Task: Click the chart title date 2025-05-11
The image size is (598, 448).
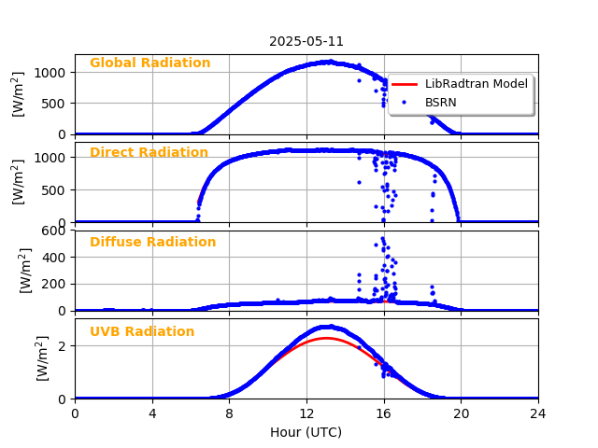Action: click(306, 42)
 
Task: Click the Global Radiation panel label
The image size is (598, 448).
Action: click(149, 63)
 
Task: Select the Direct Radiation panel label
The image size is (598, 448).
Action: click(149, 153)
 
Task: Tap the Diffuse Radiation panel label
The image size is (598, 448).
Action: click(152, 243)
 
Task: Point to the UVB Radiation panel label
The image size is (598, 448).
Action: click(142, 332)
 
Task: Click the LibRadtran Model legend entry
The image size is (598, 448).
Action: click(476, 84)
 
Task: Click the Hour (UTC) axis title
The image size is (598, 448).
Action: click(306, 432)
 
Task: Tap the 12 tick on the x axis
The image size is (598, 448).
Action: click(306, 413)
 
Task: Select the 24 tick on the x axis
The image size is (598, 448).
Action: click(538, 413)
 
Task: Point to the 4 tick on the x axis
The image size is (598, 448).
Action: click(152, 413)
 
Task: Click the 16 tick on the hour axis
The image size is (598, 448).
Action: click(384, 413)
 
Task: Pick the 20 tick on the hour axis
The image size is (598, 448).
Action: click(461, 413)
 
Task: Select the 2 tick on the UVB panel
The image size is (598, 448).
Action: click(63, 346)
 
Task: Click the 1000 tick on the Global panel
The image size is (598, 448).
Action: click(51, 73)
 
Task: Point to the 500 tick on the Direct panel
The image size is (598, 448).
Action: click(55, 190)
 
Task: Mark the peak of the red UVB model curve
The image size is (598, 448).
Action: click(325, 338)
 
